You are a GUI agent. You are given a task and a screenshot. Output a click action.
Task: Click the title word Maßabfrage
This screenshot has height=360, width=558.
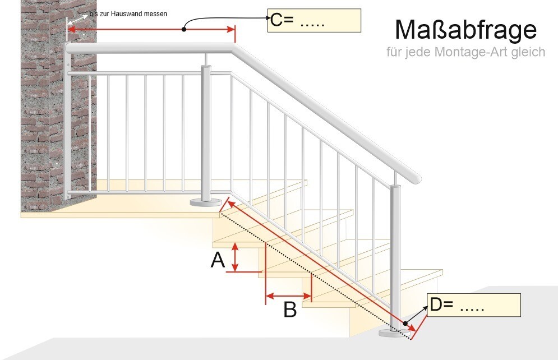pyautogui.click(x=465, y=30)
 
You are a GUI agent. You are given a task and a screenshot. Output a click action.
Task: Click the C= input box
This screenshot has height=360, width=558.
pyautogui.click(x=314, y=21)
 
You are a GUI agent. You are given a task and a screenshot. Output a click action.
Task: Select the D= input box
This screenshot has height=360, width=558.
pyautogui.click(x=474, y=305)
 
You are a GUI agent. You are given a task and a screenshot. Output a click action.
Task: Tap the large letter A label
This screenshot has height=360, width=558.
pyautogui.click(x=218, y=260)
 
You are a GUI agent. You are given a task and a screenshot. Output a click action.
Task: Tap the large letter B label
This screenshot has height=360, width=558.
pyautogui.click(x=290, y=309)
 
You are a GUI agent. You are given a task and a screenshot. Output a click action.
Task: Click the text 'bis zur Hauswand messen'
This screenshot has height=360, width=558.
pyautogui.click(x=128, y=14)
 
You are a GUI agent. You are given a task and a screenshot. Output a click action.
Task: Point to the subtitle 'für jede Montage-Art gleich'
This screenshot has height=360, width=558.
pyautogui.click(x=466, y=52)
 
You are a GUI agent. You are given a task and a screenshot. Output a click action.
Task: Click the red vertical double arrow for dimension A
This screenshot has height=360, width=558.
pyautogui.click(x=235, y=257)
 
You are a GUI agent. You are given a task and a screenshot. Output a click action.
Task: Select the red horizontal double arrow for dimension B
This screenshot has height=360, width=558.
pyautogui.click(x=289, y=296)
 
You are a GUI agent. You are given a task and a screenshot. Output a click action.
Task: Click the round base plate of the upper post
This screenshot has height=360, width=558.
pyautogui.click(x=205, y=202)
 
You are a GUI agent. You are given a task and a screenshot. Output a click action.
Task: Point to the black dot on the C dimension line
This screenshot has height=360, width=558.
pyautogui.click(x=184, y=29)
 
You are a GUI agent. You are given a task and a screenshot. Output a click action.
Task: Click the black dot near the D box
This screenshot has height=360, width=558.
pyautogui.click(x=405, y=324)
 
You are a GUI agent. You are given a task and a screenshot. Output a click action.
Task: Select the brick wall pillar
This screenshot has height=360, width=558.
pyautogui.click(x=59, y=105)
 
